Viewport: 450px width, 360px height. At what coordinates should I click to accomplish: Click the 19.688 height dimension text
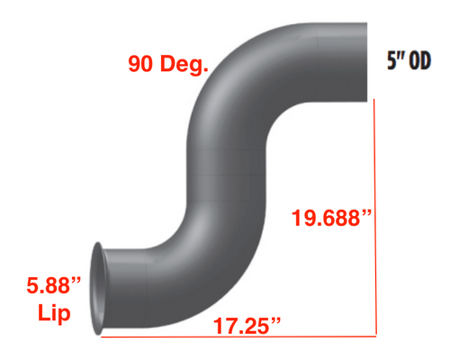tap(327, 217)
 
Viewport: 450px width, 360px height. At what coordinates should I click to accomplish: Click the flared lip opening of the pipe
tap(96, 289)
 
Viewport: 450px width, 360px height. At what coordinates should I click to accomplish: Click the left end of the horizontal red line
tap(101, 338)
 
